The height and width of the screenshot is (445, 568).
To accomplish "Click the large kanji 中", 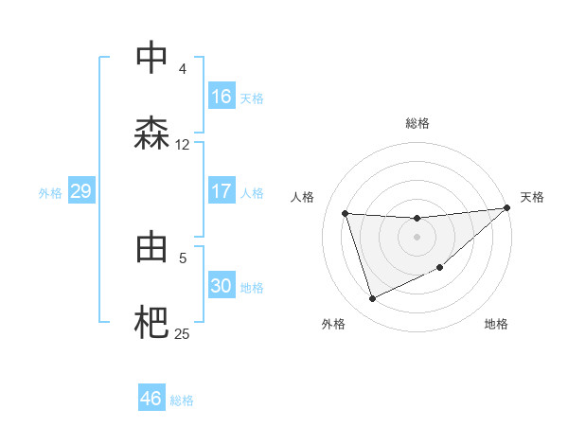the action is coord(151,58).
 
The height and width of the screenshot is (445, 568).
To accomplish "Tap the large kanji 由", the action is coord(151,247).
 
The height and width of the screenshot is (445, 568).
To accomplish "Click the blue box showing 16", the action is coord(222,96).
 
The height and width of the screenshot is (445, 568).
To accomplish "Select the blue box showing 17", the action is coord(222,191).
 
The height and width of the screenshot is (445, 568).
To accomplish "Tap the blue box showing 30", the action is coord(222,286).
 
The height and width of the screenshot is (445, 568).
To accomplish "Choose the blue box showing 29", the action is coord(80,191).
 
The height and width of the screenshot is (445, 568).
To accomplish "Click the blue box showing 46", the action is coord(151,399).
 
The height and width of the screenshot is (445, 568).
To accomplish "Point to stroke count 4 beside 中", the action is coord(183,68).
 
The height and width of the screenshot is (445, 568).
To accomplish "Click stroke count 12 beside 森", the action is coord(183,144).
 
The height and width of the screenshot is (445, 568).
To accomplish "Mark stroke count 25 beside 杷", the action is coord(183,333).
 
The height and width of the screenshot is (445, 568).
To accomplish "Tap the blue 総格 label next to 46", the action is coord(182,400).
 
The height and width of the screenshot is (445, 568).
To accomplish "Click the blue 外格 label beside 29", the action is coord(50,192).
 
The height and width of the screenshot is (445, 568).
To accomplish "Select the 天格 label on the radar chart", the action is coord(532,197).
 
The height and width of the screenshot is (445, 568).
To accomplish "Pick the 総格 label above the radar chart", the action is coord(417,123).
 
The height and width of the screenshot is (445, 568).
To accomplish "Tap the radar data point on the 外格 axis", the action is coord(372,299).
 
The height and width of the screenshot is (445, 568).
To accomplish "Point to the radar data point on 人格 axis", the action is coord(346,213).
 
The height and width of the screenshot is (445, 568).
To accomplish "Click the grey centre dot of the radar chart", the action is coord(417,237).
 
